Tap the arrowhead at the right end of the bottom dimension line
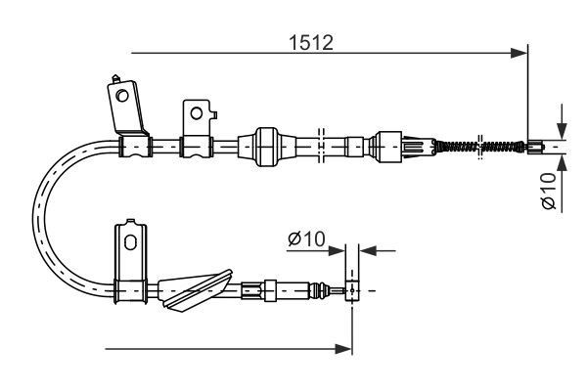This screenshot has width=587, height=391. [x=344, y=347]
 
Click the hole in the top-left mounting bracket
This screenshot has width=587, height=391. [x=122, y=95]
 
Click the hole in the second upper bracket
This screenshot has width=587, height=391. [x=197, y=112]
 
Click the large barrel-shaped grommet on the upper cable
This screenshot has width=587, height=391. [x=267, y=147]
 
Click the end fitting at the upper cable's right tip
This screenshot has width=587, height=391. [x=535, y=149]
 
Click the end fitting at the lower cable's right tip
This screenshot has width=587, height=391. [x=352, y=289]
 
